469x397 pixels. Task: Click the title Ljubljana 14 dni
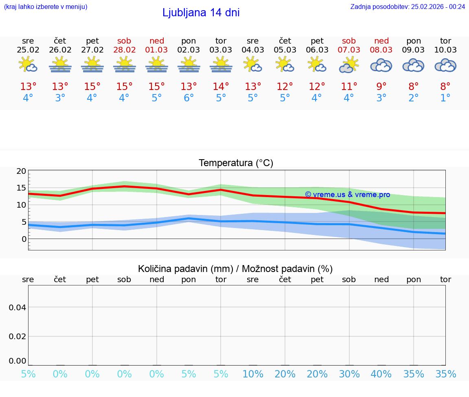pyautogui.click(x=201, y=13)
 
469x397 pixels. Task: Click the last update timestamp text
pyautogui.click(x=408, y=7)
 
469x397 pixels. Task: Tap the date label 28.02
pyautogui.click(x=125, y=50)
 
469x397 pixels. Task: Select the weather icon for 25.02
pyautogui.click(x=28, y=65)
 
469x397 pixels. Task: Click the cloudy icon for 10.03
pyautogui.click(x=445, y=65)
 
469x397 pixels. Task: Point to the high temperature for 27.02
pyautogui.click(x=92, y=87)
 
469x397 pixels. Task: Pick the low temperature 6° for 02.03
pyautogui.click(x=188, y=98)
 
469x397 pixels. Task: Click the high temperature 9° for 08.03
pyautogui.click(x=381, y=87)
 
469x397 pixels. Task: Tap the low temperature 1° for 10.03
pyautogui.click(x=445, y=98)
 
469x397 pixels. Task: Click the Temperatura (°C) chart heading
pyautogui.click(x=236, y=163)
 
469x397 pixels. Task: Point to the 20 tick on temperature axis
pyautogui.click(x=21, y=171)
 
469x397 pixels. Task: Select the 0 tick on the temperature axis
pyautogui.click(x=24, y=239)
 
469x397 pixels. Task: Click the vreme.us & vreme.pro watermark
pyautogui.click(x=347, y=195)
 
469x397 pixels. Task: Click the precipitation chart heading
pyautogui.click(x=235, y=269)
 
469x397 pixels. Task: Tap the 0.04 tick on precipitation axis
pyautogui.click(x=18, y=307)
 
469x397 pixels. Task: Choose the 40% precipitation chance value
pyautogui.click(x=381, y=374)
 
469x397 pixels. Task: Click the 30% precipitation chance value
pyautogui.click(x=349, y=374)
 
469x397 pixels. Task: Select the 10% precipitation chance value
pyautogui.click(x=253, y=374)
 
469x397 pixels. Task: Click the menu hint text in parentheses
pyautogui.click(x=46, y=7)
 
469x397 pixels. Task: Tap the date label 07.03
pyautogui.click(x=349, y=50)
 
